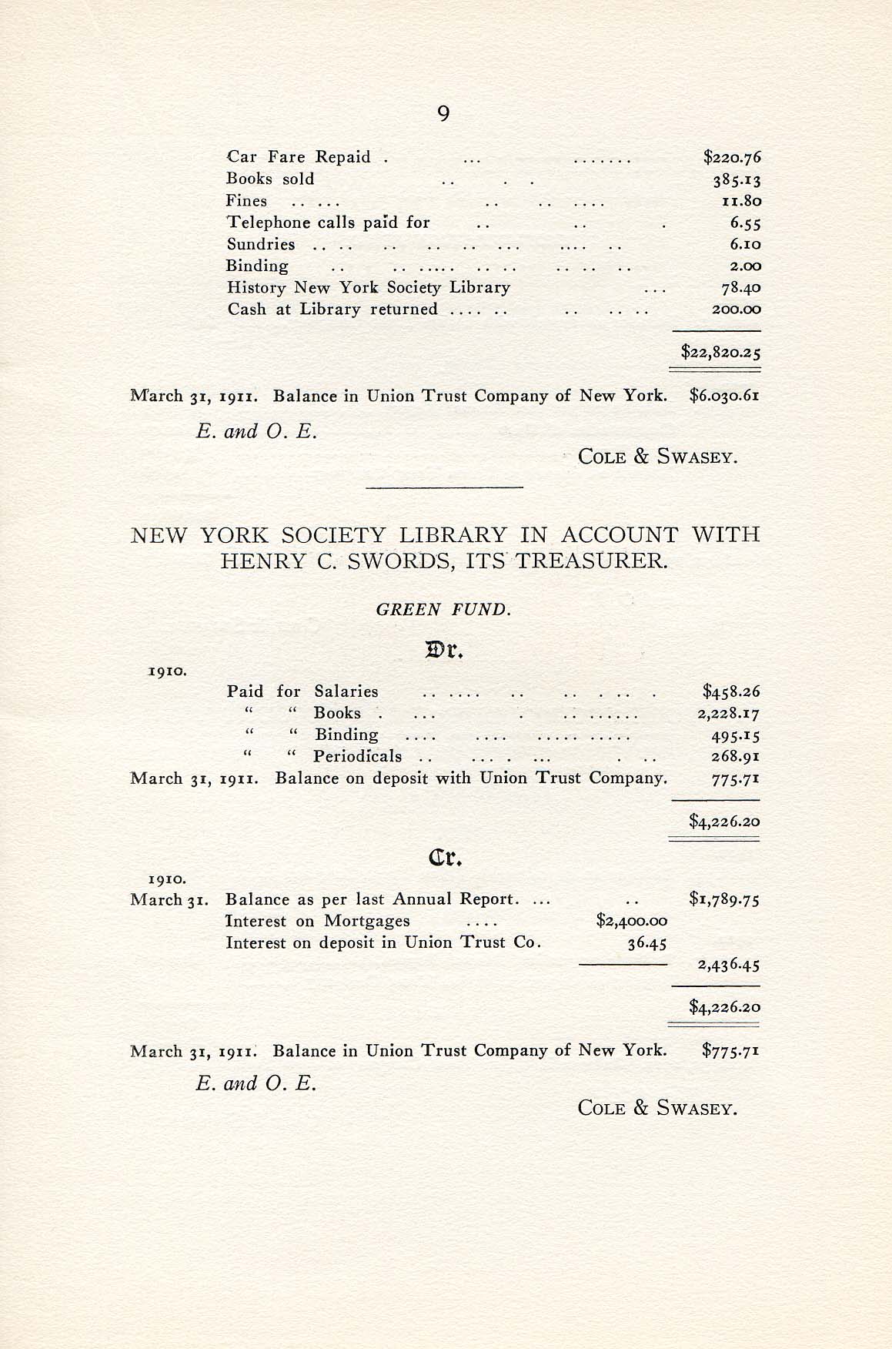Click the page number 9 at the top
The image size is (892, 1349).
click(x=443, y=114)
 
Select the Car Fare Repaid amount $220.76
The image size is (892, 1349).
click(x=732, y=158)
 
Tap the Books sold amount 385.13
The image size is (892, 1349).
click(x=736, y=179)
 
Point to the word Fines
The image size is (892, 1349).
click(x=246, y=201)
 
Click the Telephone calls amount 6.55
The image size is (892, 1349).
click(x=745, y=223)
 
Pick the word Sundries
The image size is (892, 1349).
click(x=261, y=245)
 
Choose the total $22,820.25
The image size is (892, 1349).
click(x=720, y=353)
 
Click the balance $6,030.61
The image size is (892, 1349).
click(x=724, y=397)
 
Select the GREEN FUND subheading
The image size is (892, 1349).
click(x=443, y=611)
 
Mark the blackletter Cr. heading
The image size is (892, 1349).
click(x=443, y=858)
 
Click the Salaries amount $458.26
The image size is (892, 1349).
click(x=731, y=691)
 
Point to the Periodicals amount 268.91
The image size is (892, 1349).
click(x=736, y=756)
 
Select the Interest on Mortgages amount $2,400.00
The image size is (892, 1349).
click(x=632, y=921)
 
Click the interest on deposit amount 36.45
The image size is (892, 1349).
click(x=646, y=942)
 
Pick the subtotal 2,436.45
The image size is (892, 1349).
click(x=728, y=965)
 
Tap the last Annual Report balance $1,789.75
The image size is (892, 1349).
click(x=724, y=899)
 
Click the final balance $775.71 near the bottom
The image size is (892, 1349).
click(x=730, y=1051)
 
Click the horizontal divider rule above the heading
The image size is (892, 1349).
click(x=444, y=487)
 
